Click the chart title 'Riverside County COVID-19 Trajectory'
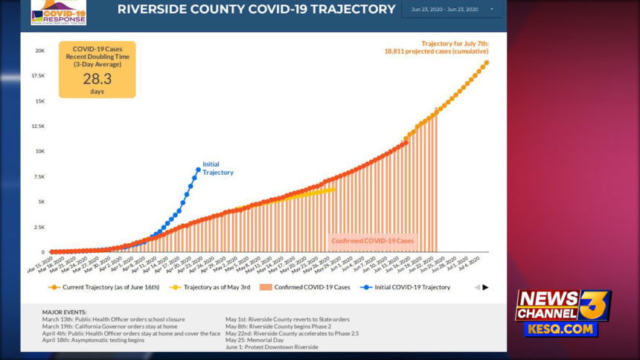pyautogui.click(x=256, y=10)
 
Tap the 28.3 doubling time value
pyautogui.click(x=97, y=80)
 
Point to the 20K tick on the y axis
pyautogui.click(x=39, y=51)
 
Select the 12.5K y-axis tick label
pyautogui.click(x=37, y=126)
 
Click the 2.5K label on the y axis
pyautogui.click(x=39, y=227)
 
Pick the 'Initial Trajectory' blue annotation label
pyautogui.click(x=217, y=168)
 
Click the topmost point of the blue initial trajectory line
pyautogui.click(x=198, y=170)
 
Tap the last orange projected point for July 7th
pyautogui.click(x=486, y=62)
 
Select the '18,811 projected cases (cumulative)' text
pyautogui.click(x=436, y=52)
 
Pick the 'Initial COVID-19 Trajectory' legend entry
pyautogui.click(x=409, y=286)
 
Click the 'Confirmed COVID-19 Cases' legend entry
pyautogui.click(x=306, y=286)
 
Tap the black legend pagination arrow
pyautogui.click(x=486, y=287)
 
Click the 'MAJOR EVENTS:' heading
pyautogui.click(x=65, y=312)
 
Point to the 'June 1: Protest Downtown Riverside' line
pyautogui.click(x=271, y=347)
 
